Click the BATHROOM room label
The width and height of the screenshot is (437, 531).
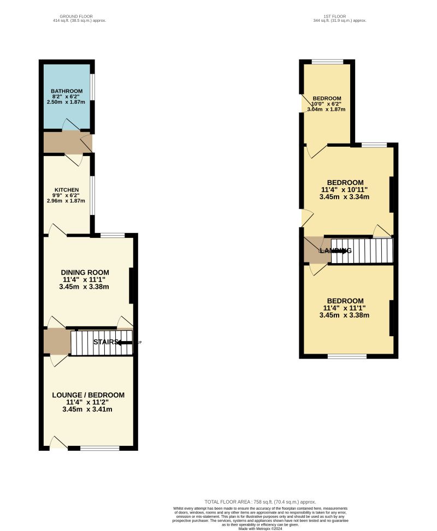click(67, 91)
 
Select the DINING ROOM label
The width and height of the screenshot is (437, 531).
click(85, 272)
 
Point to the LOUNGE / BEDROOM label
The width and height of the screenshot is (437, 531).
click(88, 395)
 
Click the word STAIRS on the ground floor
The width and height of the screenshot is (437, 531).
click(105, 342)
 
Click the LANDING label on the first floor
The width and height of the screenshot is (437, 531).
click(335, 250)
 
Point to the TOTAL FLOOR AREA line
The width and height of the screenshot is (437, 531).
click(260, 502)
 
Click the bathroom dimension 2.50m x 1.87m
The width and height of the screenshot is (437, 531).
click(67, 102)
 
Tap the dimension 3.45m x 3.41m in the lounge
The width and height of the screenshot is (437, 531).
click(88, 409)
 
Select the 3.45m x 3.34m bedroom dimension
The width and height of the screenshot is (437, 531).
click(345, 197)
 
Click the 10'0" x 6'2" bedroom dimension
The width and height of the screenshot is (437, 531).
click(327, 104)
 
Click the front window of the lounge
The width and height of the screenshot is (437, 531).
click(99, 448)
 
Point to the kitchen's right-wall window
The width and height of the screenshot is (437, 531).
click(92, 195)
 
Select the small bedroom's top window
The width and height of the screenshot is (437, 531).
click(327, 61)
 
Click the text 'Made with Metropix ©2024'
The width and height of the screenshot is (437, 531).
click(260, 528)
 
